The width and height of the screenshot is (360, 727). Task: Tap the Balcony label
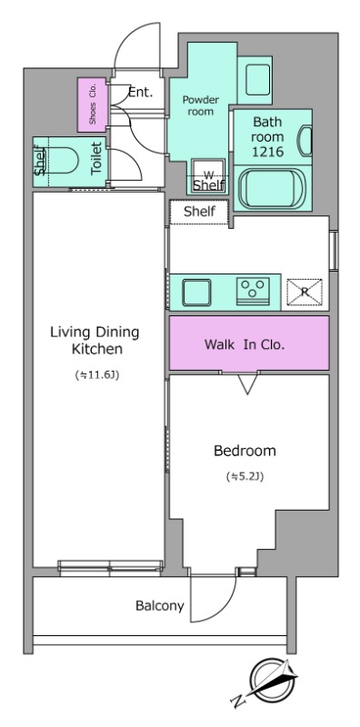[160, 605]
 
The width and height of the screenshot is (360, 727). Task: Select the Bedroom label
[245, 451]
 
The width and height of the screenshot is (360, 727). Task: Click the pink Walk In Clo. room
[249, 344]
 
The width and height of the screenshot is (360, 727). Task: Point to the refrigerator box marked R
[305, 293]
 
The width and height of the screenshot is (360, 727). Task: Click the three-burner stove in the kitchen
[253, 291]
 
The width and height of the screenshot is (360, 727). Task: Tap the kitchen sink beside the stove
[196, 292]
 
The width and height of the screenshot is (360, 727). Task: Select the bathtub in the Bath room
[272, 189]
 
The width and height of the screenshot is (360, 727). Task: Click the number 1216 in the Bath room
[267, 152]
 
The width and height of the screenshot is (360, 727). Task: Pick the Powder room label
[200, 105]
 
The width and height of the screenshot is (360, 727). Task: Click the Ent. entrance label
[140, 93]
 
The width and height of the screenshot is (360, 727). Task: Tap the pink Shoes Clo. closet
[93, 105]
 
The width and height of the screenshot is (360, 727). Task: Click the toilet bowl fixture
[61, 161]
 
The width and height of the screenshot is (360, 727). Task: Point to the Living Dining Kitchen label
[95, 340]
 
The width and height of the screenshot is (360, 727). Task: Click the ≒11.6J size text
[96, 375]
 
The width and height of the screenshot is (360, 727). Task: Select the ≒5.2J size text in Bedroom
[245, 476]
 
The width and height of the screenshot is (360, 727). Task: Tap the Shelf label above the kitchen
[199, 212]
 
